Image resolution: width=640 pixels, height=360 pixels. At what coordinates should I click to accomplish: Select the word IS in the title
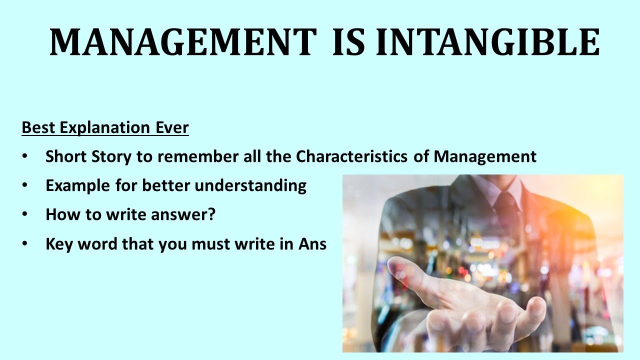point(352,42)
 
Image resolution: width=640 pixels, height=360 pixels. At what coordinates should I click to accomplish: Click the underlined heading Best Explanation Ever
point(105,128)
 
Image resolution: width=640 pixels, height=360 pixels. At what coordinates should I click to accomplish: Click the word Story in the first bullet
point(105,157)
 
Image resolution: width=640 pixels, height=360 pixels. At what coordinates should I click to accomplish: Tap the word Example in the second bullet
point(78,186)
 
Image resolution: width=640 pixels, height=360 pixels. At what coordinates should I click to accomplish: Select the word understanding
point(250,186)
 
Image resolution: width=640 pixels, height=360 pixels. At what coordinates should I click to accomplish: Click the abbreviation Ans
point(313,244)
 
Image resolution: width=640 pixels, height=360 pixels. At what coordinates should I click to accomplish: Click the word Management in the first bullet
point(485,157)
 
